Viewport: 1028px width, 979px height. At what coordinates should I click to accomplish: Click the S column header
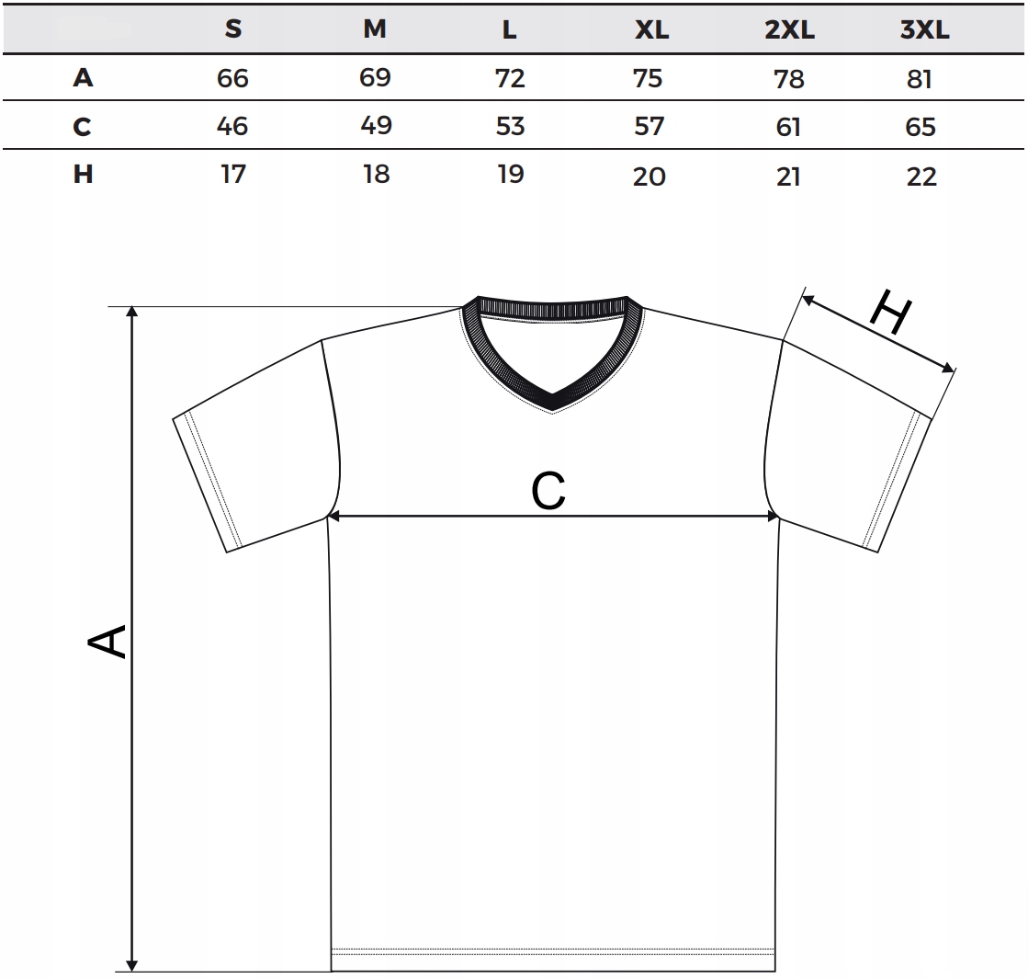point(233,29)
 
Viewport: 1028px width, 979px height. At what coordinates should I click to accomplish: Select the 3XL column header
point(924,30)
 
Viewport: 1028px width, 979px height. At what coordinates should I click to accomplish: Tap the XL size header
point(652,30)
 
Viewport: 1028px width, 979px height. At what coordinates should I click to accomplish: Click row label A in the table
point(83,78)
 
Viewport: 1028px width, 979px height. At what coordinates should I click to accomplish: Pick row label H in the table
point(83,174)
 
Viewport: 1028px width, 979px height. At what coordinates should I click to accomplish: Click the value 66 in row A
point(232,78)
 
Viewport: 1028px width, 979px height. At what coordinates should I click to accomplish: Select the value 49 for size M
point(376,125)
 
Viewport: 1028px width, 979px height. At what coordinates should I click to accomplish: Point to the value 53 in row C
point(510,125)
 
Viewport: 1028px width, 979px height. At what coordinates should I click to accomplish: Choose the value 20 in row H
point(649,176)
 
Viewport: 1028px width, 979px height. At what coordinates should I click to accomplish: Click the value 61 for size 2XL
point(788,127)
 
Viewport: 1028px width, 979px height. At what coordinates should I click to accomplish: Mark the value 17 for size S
point(233,174)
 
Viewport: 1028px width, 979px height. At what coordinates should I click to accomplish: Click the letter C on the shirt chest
point(548,492)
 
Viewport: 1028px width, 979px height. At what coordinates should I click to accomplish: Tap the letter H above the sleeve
point(889,313)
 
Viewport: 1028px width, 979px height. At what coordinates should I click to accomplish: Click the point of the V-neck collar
point(552,404)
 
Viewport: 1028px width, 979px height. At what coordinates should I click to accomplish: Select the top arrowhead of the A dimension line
point(132,313)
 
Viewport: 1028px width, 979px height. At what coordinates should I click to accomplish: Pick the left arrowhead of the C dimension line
point(335,517)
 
